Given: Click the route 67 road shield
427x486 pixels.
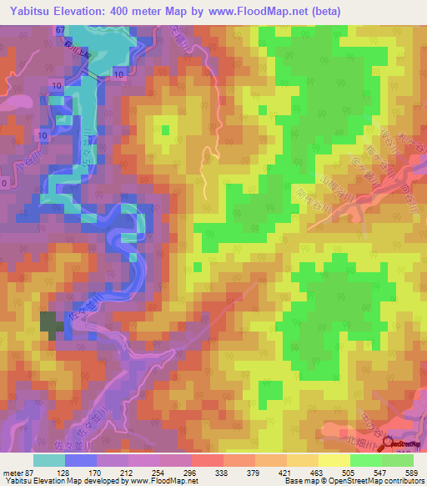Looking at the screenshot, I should (x=60, y=30).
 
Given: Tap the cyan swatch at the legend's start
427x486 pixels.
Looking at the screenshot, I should (x=49, y=460).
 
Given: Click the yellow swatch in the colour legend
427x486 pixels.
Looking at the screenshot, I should (x=334, y=460).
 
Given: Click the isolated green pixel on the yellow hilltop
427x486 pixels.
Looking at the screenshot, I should (x=164, y=129).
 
